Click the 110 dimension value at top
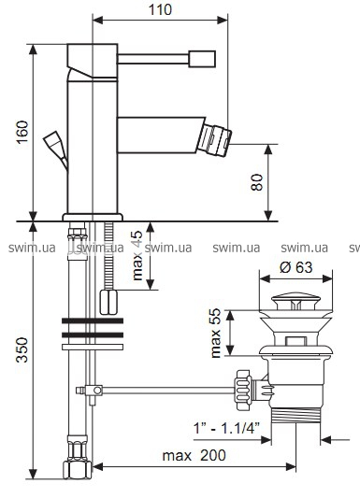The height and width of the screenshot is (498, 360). tap(160, 10)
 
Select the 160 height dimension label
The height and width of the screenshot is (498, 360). tap(22, 132)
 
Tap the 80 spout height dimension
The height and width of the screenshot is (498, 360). tap(257, 182)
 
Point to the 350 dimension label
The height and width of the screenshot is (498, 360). tap(22, 349)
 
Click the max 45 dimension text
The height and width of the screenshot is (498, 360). tap(137, 256)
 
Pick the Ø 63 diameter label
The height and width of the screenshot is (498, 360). tap(296, 267)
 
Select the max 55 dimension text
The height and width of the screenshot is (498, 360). tap(216, 333)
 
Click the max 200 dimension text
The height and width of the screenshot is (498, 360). tap(194, 455)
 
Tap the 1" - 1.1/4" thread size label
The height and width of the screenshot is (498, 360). tap(227, 429)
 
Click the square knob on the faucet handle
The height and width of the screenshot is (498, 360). tap(202, 59)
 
